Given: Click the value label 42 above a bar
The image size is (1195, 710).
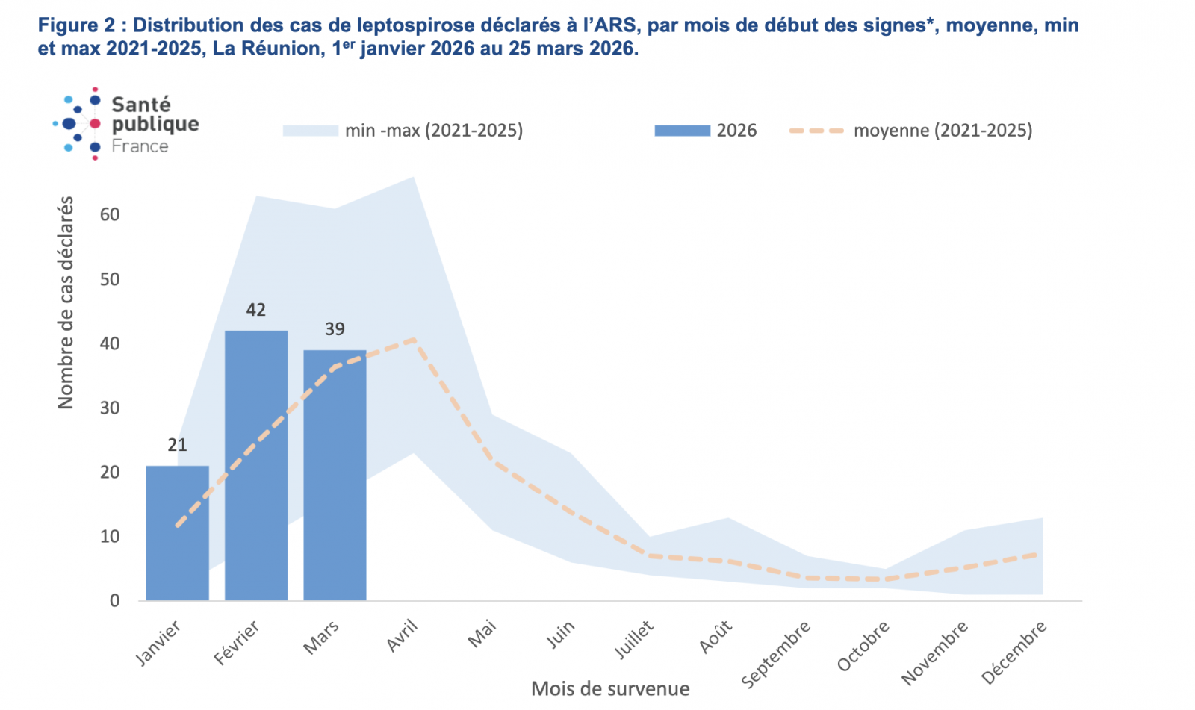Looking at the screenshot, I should click(256, 310).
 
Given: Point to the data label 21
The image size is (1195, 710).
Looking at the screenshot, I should click(177, 446).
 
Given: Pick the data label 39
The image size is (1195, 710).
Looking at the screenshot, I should click(335, 329).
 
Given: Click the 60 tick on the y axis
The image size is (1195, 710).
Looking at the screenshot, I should click(110, 215).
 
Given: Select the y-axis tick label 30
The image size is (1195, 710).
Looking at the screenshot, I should click(110, 408).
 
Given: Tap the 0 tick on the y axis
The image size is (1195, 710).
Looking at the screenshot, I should click(114, 601).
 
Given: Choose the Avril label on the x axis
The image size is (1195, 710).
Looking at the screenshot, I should click(403, 636).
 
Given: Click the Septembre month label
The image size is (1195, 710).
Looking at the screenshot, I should click(776, 654).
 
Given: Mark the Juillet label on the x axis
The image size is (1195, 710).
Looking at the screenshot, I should click(634, 641).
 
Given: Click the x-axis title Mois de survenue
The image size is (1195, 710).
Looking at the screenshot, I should click(610, 688).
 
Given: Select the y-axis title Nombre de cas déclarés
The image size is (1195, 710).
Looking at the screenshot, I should click(66, 302).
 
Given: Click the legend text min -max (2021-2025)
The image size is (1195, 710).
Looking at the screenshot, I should click(434, 131).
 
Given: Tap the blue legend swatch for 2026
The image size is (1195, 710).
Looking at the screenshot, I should click(682, 131).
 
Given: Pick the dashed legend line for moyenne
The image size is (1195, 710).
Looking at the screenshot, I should click(816, 131).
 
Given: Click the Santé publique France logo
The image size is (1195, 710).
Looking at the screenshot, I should click(127, 124).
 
